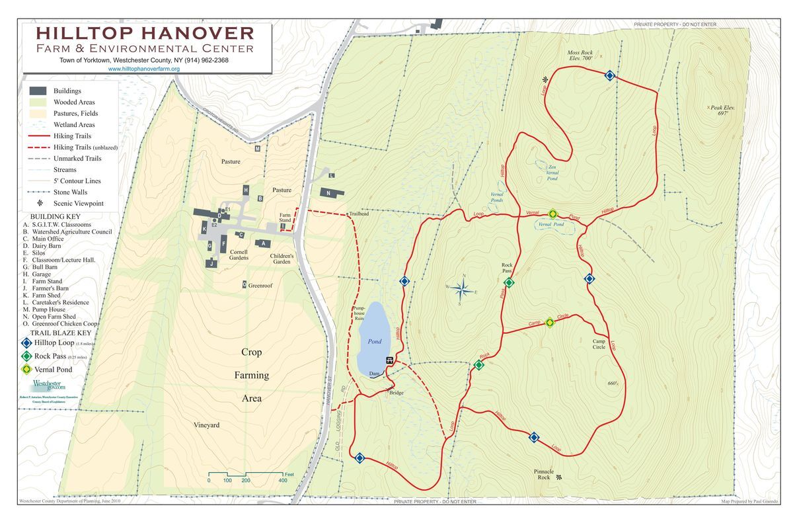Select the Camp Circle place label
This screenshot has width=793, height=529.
click(599, 344)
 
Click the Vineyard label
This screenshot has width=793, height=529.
click(206, 425)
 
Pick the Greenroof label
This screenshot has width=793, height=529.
click(261, 286)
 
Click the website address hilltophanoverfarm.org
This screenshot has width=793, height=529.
click(143, 69)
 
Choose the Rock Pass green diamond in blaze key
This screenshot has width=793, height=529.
click(26, 356)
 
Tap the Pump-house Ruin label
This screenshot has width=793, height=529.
click(359, 313)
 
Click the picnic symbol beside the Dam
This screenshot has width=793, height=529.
click(391, 360)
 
